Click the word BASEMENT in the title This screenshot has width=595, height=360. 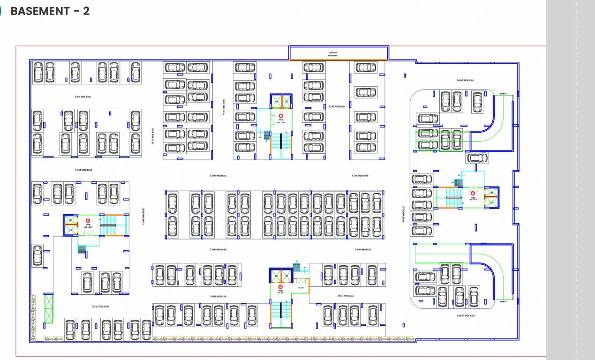(x=40, y=11)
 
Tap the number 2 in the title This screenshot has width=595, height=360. (x=86, y=11)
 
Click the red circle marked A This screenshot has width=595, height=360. (x=473, y=193)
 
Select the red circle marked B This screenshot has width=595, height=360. (x=281, y=115)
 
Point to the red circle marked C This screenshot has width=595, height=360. (x=88, y=220)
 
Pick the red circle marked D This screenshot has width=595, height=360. (x=280, y=286)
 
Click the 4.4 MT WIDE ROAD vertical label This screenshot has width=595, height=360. (x=224, y=107)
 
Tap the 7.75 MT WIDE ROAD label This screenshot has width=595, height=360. (x=143, y=217)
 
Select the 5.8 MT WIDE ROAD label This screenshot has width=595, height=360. (x=465, y=81)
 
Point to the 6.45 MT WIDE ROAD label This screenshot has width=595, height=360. (x=466, y=316)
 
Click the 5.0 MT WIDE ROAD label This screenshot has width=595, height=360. (x=100, y=307)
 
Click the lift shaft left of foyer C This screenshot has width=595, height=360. (x=70, y=225)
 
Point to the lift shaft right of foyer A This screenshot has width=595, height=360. (x=491, y=197)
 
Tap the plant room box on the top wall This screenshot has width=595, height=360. (x=338, y=53)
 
